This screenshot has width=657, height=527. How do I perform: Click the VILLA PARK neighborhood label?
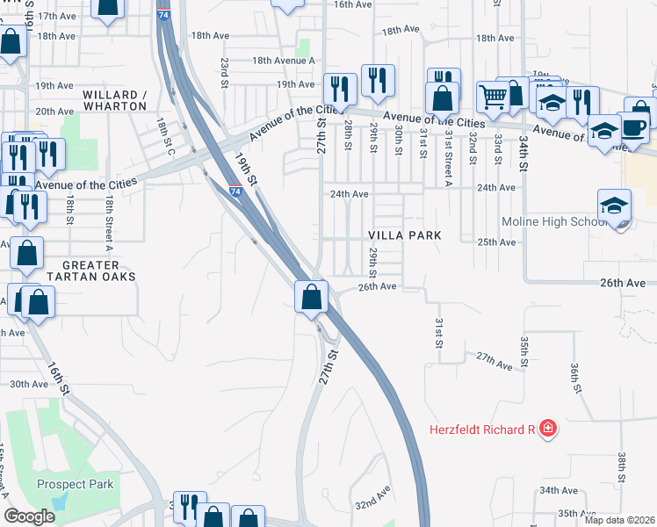[403, 236]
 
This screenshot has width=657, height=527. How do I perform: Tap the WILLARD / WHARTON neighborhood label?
[114, 100]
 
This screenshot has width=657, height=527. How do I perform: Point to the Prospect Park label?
[75, 484]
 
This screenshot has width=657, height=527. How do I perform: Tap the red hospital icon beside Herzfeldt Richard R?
[548, 429]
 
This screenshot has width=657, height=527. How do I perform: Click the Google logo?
[29, 516]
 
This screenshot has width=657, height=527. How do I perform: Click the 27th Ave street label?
[494, 360]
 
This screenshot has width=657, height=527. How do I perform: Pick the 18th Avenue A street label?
[283, 60]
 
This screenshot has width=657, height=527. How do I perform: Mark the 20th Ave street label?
[54, 112]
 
